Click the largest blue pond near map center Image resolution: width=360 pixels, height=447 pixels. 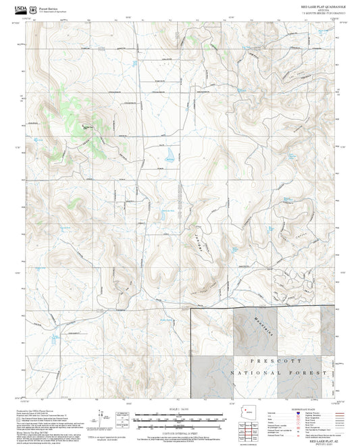[x=169, y=159]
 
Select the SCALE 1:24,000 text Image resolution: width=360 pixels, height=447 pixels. [x=180, y=409]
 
